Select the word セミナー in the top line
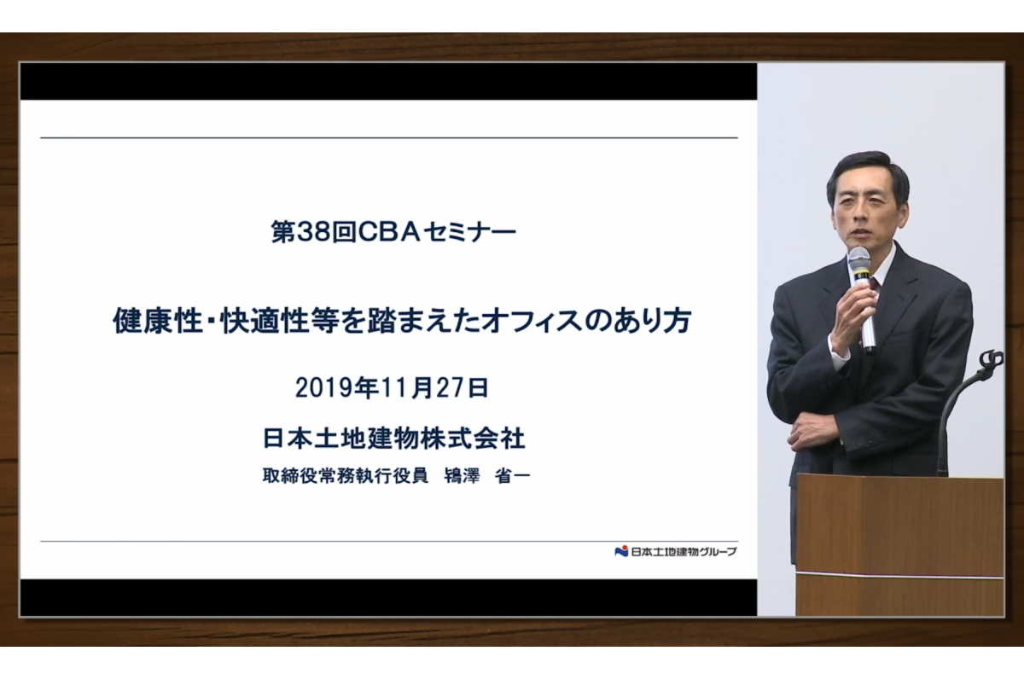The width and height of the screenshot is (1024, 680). click(x=470, y=232)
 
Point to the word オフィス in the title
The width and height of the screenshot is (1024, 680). click(x=532, y=321)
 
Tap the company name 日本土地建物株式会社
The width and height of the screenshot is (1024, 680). click(x=394, y=439)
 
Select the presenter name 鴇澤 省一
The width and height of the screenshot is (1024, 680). click(x=487, y=476)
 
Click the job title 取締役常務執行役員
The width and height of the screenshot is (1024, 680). click(x=345, y=476)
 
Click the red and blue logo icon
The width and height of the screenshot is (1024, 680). click(x=621, y=551)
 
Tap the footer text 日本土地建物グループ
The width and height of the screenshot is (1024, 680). click(x=684, y=551)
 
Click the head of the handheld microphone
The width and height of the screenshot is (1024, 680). click(x=859, y=262)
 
